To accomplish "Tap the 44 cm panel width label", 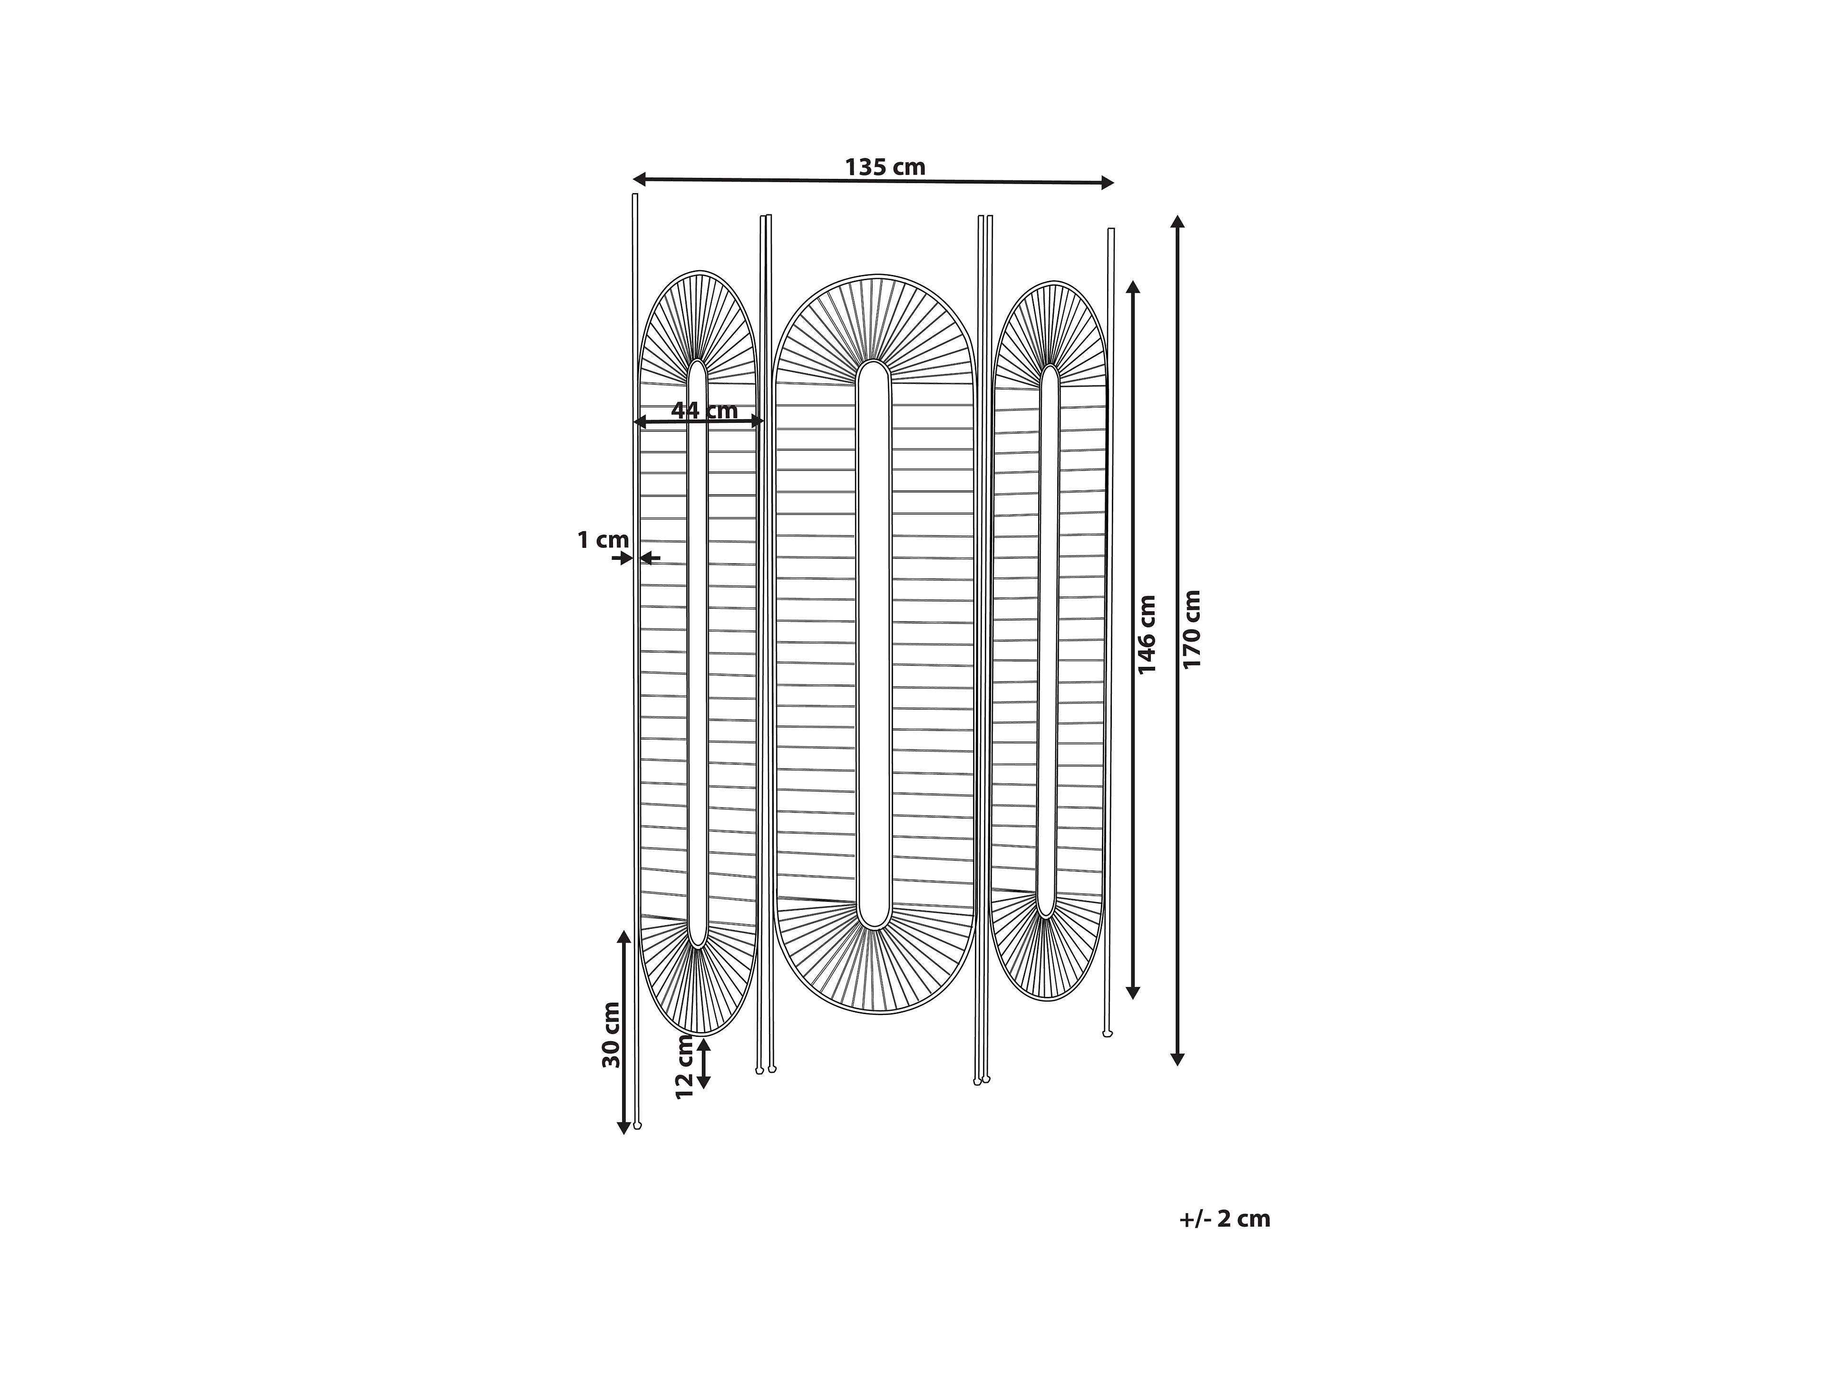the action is pyautogui.click(x=704, y=410).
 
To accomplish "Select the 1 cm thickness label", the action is pyautogui.click(x=603, y=540).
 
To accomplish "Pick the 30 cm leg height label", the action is pyautogui.click(x=612, y=1035).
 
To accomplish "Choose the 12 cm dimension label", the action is pyautogui.click(x=685, y=1066).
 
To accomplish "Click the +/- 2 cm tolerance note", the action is pyautogui.click(x=1224, y=1219).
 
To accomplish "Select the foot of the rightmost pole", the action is pyautogui.click(x=1108, y=1034).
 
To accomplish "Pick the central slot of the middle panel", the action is pyautogui.click(x=874, y=644).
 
